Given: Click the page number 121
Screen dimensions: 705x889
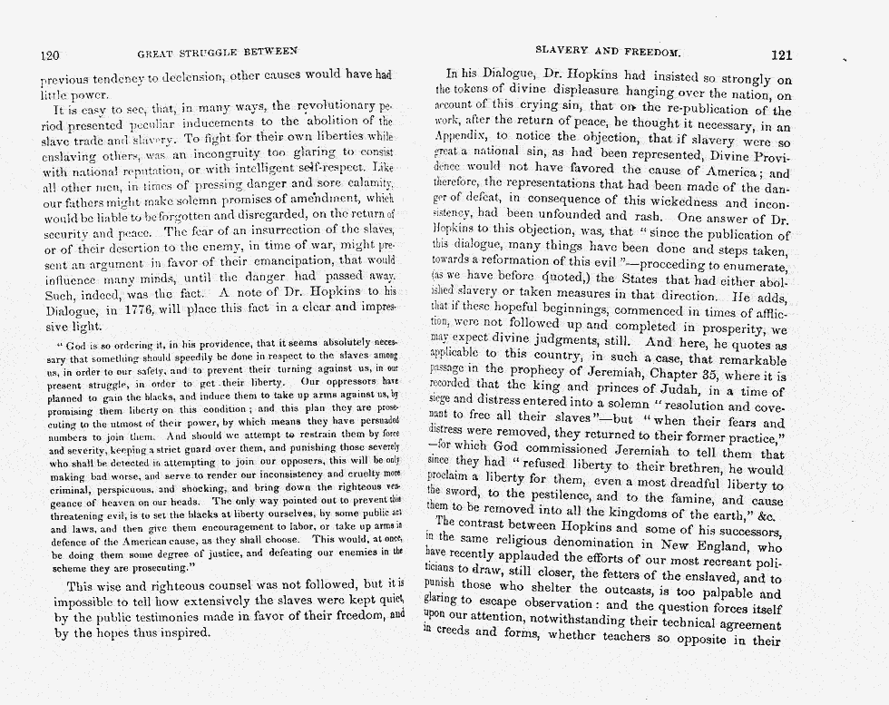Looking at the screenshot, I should click(x=781, y=54).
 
